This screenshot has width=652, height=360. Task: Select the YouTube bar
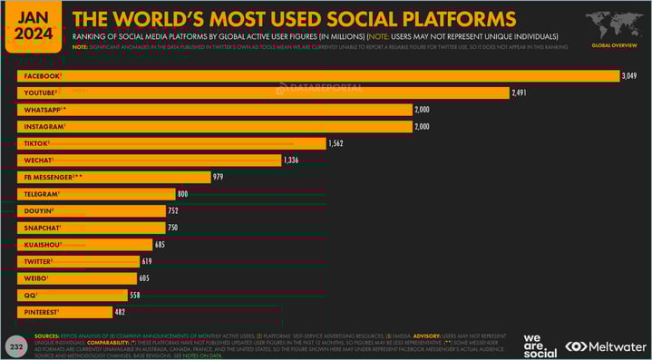coord(263,92)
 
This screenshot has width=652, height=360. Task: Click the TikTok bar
coord(172,143)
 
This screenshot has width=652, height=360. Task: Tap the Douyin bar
coord(91,210)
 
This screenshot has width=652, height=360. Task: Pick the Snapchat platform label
coord(42,228)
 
